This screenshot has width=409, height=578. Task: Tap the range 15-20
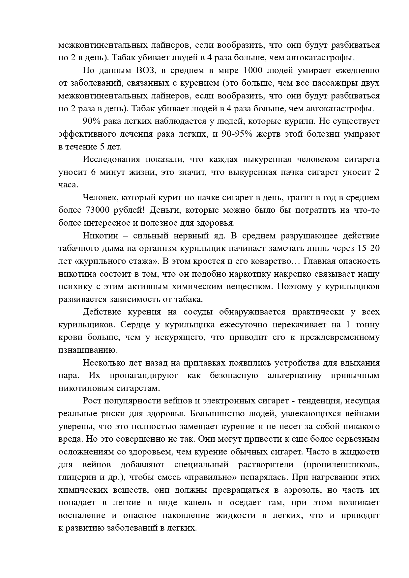tap(367, 249)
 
